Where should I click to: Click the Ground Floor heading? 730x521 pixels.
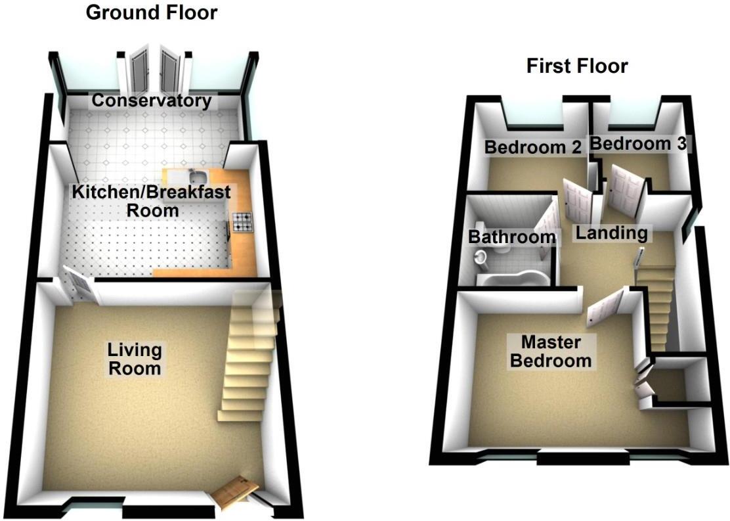[x=152, y=12]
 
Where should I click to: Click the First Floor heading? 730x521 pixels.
[x=577, y=66]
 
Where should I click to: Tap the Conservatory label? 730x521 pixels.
[x=152, y=101]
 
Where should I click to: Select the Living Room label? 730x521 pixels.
[x=135, y=358]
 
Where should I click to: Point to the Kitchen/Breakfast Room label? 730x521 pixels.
[x=152, y=201]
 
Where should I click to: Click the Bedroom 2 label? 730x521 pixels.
[x=533, y=147]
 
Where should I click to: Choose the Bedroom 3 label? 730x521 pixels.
[x=637, y=144]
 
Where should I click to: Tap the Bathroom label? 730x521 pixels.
[x=512, y=237]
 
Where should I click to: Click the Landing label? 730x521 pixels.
[x=611, y=233]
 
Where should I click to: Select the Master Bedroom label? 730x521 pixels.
[x=551, y=351]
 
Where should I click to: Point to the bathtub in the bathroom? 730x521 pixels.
[x=512, y=281]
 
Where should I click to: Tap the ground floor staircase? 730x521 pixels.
[x=249, y=358]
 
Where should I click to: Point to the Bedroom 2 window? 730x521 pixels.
[x=533, y=116]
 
